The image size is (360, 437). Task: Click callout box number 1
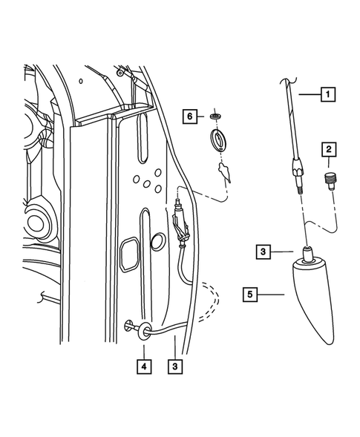[x=327, y=94]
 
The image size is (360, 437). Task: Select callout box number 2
[x=327, y=150]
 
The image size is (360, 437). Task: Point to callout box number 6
[x=191, y=117]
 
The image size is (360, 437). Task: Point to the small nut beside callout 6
[x=215, y=117]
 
